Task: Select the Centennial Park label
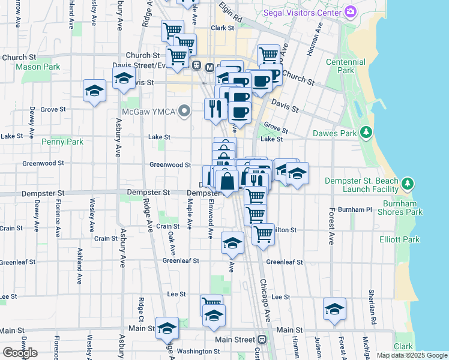[x=345, y=66]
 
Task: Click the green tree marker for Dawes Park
[x=366, y=132]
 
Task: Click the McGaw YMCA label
[x=148, y=111]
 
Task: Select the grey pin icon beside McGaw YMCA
[x=185, y=111]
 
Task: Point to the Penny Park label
[x=62, y=142]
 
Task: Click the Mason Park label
[x=38, y=67]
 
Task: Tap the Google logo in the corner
[x=20, y=353]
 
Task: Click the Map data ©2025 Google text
[x=411, y=355]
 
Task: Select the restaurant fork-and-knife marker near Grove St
[x=214, y=109]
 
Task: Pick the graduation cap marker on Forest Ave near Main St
[x=334, y=308]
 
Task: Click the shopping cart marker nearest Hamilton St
[x=262, y=234]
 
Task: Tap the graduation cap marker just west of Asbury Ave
[x=94, y=91]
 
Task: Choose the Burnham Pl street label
[x=355, y=210]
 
